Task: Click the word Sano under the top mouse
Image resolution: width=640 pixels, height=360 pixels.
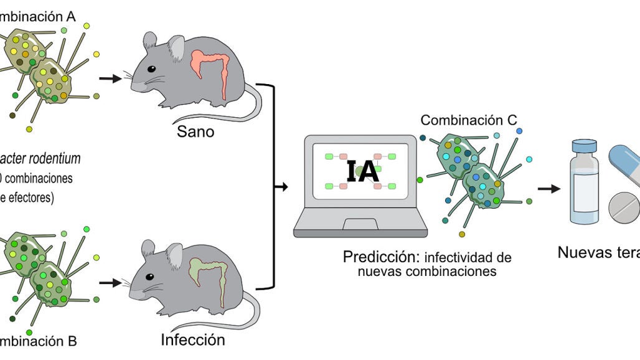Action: [x=195, y=131]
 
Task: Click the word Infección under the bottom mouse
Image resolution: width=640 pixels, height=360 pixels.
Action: [x=193, y=340]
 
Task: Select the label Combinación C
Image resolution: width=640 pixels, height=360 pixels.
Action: [x=468, y=120]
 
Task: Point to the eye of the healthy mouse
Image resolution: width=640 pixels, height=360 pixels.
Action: [x=151, y=70]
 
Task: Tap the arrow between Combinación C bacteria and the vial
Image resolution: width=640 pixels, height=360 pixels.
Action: [x=548, y=188]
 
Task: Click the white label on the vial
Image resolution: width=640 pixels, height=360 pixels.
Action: [x=585, y=187]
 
